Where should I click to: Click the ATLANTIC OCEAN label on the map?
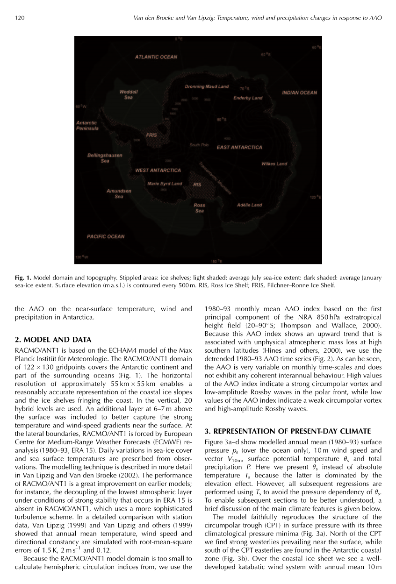[x=156, y=57]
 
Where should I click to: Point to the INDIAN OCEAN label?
[x=300, y=93]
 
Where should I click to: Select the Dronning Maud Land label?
[x=207, y=86]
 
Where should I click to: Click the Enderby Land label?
[x=248, y=98]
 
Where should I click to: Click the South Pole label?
[x=199, y=145]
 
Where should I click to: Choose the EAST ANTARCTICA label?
[x=239, y=147]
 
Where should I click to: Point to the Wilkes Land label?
[x=274, y=164]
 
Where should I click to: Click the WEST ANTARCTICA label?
[x=158, y=171]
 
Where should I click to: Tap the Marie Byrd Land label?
[x=165, y=184]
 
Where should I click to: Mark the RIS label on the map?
[x=197, y=185]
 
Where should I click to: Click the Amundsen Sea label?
[x=119, y=193]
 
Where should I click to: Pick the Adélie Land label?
[x=250, y=205]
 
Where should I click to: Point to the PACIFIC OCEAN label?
[x=106, y=236]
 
